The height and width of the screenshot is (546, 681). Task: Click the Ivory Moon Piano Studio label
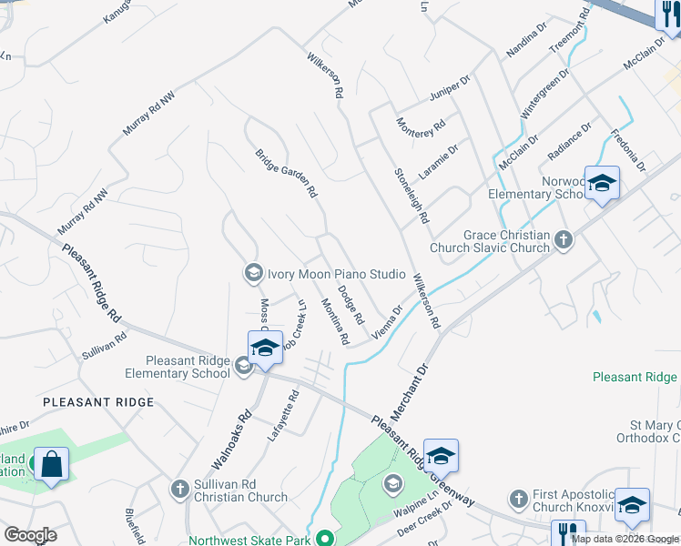[335, 273]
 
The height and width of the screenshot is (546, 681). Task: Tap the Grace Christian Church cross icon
[564, 240]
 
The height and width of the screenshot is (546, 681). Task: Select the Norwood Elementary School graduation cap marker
[602, 185]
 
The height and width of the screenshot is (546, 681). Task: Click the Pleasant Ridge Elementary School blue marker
[265, 349]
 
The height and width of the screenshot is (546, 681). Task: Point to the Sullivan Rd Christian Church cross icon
[180, 490]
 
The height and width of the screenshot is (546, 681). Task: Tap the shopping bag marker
[52, 465]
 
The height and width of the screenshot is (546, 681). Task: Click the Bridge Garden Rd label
[286, 174]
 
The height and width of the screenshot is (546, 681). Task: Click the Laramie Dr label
[439, 160]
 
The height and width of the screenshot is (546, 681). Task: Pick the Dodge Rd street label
[351, 306]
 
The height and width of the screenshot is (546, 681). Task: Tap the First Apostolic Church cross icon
[518, 499]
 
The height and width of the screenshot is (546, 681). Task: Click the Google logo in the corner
[30, 535]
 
